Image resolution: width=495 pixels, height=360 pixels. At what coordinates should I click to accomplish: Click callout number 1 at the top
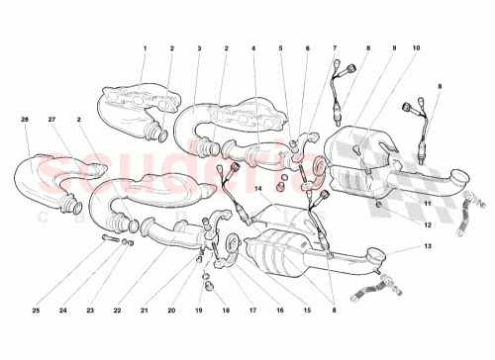(x=144, y=48)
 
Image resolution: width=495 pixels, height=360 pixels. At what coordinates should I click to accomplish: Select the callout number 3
(x=199, y=48)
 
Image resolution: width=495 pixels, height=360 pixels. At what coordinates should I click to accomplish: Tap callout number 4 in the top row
(x=253, y=48)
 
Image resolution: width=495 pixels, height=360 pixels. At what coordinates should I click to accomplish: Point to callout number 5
(x=280, y=48)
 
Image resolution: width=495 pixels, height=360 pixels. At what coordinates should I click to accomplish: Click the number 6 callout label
(x=307, y=48)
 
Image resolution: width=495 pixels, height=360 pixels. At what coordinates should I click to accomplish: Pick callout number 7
(x=335, y=48)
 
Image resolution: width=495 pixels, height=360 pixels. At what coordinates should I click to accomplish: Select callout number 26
(x=26, y=119)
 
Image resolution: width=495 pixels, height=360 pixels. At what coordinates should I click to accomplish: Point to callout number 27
(x=51, y=119)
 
